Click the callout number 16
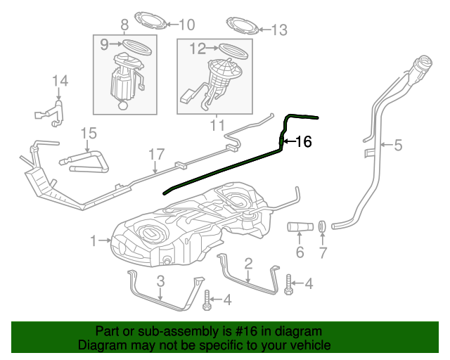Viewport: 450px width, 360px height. [303, 142]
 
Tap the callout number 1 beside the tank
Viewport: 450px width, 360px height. [94, 241]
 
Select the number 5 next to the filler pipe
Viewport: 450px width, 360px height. [397, 146]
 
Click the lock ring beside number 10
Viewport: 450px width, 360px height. [150, 19]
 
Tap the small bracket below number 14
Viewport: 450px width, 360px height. [49, 112]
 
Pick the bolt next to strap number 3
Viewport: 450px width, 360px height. [206, 301]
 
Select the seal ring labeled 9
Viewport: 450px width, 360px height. [136, 46]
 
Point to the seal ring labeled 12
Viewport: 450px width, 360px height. [232, 49]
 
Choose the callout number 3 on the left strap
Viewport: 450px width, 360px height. [160, 281]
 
